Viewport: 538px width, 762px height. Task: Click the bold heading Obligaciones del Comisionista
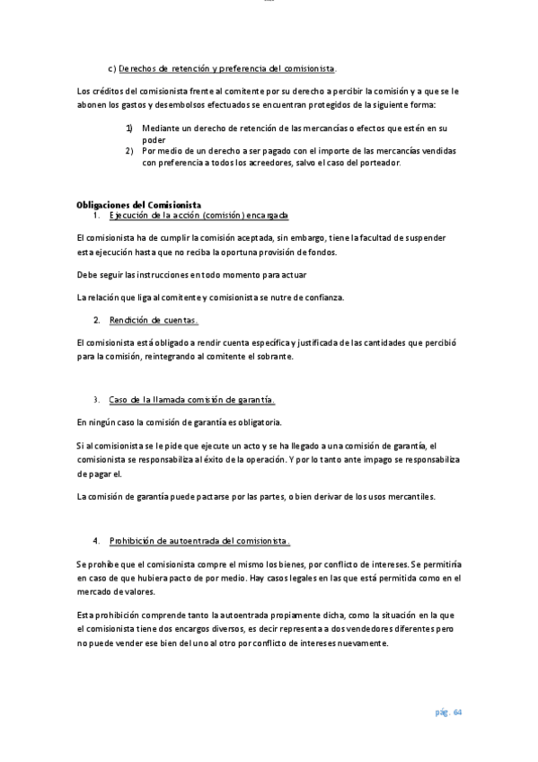click(x=138, y=205)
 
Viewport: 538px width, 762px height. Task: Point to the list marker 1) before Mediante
click(x=129, y=128)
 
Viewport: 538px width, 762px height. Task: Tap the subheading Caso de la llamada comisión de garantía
click(x=191, y=399)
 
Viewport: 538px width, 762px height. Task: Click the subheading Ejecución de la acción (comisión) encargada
click(x=198, y=217)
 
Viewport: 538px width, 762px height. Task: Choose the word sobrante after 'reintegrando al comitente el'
click(x=274, y=356)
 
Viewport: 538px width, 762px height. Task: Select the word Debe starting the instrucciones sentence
click(x=87, y=275)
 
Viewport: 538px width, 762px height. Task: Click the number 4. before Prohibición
click(x=96, y=541)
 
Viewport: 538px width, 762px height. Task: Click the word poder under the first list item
click(x=154, y=140)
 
